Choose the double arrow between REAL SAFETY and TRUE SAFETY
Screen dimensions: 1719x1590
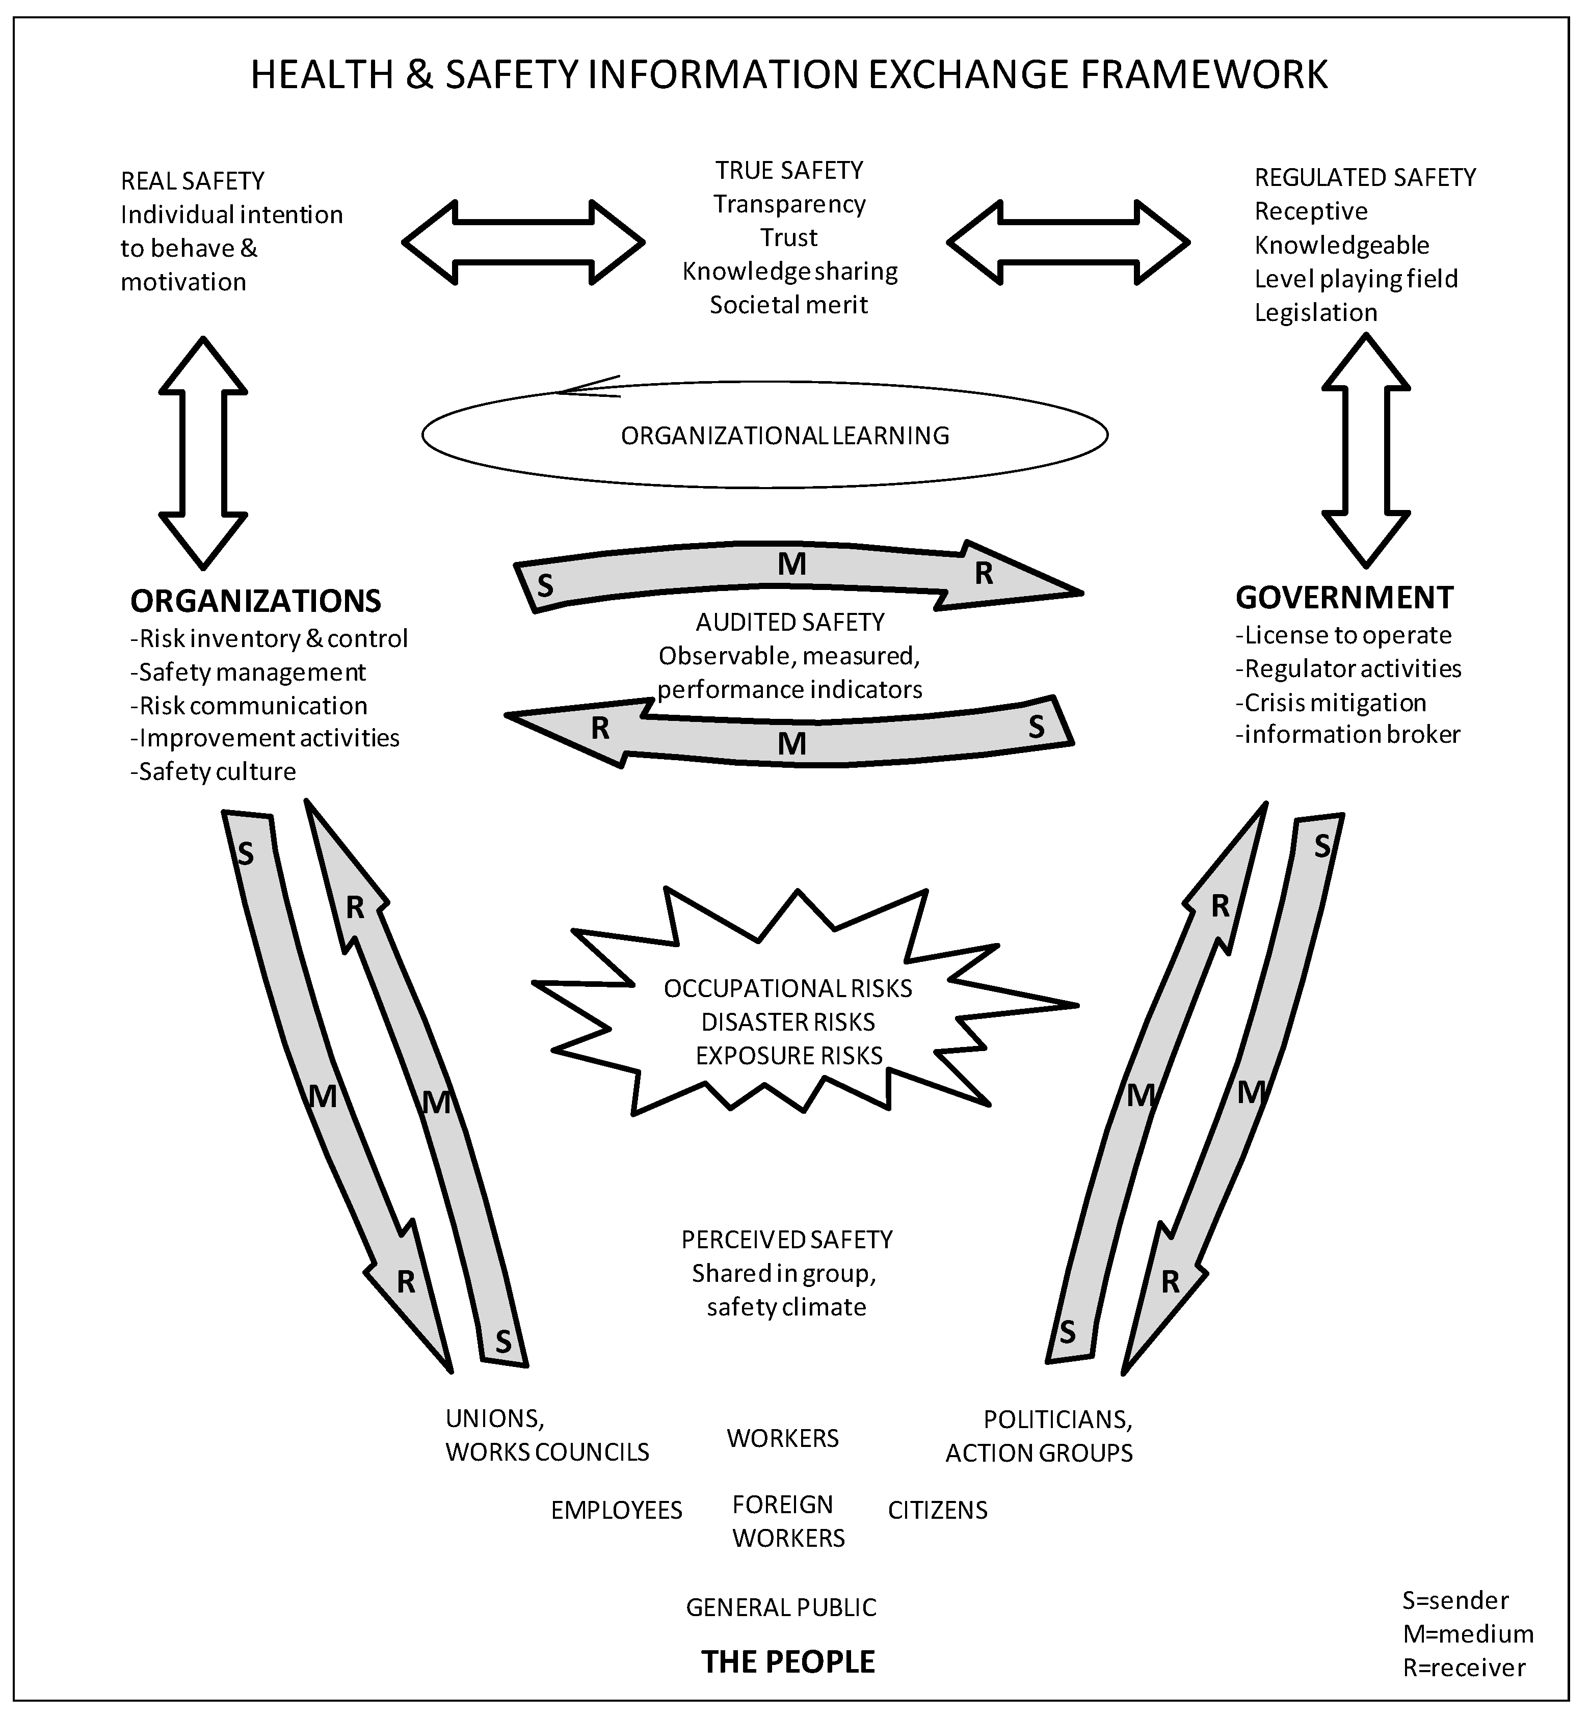(523, 243)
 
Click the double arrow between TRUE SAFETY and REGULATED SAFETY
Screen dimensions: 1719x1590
(1068, 243)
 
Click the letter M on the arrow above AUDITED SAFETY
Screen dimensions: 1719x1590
(791, 565)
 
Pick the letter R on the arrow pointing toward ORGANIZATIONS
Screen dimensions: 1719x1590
(600, 728)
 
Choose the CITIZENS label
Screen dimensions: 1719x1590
(937, 1510)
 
